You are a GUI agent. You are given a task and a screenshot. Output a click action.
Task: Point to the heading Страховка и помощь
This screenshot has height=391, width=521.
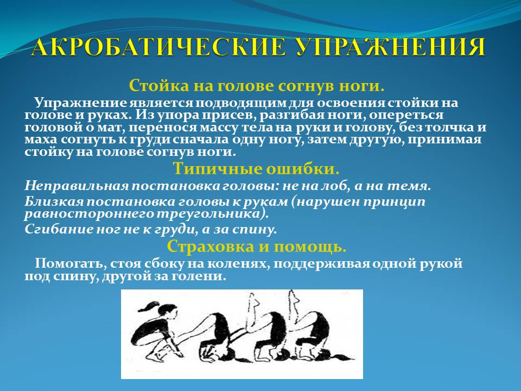pyautogui.click(x=256, y=247)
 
